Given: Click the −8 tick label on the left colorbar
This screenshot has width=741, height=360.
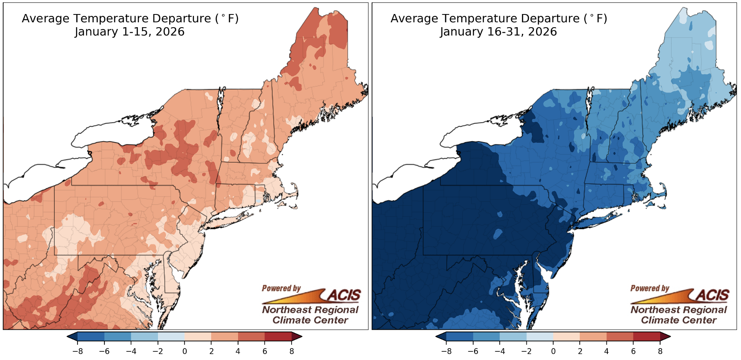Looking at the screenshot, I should (x=77, y=351).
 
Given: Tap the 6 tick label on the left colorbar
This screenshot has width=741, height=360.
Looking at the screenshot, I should (x=265, y=351).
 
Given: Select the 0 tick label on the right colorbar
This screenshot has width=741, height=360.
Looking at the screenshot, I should (x=553, y=351).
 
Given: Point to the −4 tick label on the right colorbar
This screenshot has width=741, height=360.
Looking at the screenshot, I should (x=499, y=351).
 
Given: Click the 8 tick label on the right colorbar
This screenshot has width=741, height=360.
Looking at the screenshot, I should (x=660, y=351).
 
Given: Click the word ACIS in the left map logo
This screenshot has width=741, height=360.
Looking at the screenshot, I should (x=344, y=295).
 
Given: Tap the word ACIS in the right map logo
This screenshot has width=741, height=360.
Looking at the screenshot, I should (x=713, y=295).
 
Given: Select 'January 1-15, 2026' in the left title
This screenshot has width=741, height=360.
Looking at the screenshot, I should (x=130, y=32).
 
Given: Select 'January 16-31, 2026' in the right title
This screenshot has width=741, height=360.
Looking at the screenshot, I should (x=498, y=32).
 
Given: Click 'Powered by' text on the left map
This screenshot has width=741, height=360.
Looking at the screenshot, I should (x=281, y=288).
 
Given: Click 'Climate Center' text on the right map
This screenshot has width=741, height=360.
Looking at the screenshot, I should (x=679, y=320).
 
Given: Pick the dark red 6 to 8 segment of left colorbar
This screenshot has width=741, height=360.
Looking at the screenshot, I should (x=278, y=336).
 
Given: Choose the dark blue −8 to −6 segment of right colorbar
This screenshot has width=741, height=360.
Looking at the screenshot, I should (x=459, y=336).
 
